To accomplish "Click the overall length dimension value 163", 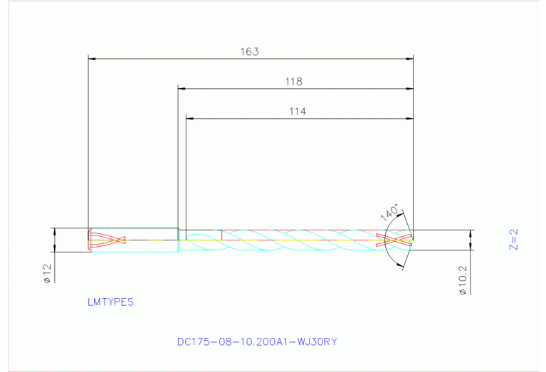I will tap(249, 51).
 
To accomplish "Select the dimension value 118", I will tap(294, 82).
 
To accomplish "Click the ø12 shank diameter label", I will tap(46, 274).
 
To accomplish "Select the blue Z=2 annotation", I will tap(514, 240).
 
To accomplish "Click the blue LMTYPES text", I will tap(110, 302).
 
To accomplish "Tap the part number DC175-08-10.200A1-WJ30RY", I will tap(257, 341).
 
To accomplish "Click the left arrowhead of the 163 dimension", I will tap(92, 58).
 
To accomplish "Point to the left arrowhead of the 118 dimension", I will tap(182, 89).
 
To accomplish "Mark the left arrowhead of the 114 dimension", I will tap(190, 118).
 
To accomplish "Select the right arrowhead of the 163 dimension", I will tap(408, 58).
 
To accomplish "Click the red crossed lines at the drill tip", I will tap(398, 240).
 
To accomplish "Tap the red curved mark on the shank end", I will tap(107, 240).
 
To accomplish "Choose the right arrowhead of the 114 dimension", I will tap(408, 118).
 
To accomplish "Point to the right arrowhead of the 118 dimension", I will tap(408, 89).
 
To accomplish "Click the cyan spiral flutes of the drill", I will tap(299, 240).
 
